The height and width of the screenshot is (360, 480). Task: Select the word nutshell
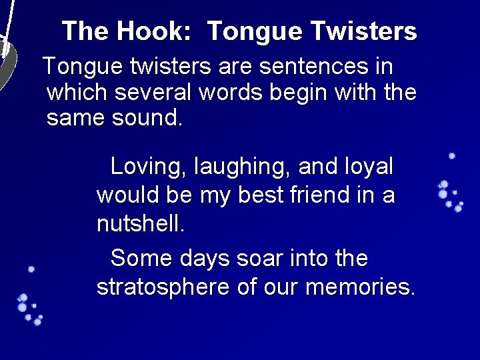coord(141,224)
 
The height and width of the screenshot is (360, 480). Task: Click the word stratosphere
coord(163,287)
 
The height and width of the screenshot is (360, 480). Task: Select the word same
coord(71,118)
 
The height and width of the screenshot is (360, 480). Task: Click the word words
coord(225,92)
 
